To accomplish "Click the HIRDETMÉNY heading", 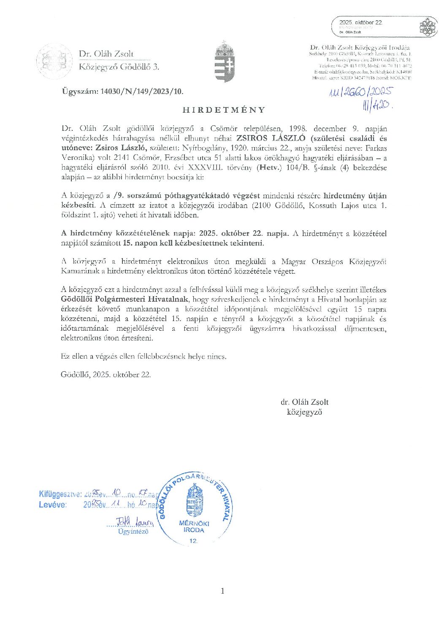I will pyautogui.click(x=223, y=110).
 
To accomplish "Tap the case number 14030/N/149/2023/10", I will pyautogui.click(x=122, y=91).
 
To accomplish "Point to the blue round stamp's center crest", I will pyautogui.click(x=194, y=500).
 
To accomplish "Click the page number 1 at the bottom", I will pyautogui.click(x=222, y=591).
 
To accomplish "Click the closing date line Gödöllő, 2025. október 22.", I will pyautogui.click(x=106, y=374).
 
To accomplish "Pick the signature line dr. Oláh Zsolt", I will pyautogui.click(x=304, y=402).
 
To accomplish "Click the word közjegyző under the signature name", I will pyautogui.click(x=304, y=412).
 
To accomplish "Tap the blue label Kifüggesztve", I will pyautogui.click(x=60, y=494).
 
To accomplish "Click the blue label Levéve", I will pyautogui.click(x=52, y=505).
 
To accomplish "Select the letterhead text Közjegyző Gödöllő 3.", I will pyautogui.click(x=119, y=67).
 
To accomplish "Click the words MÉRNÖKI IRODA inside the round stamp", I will pyautogui.click(x=194, y=527).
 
